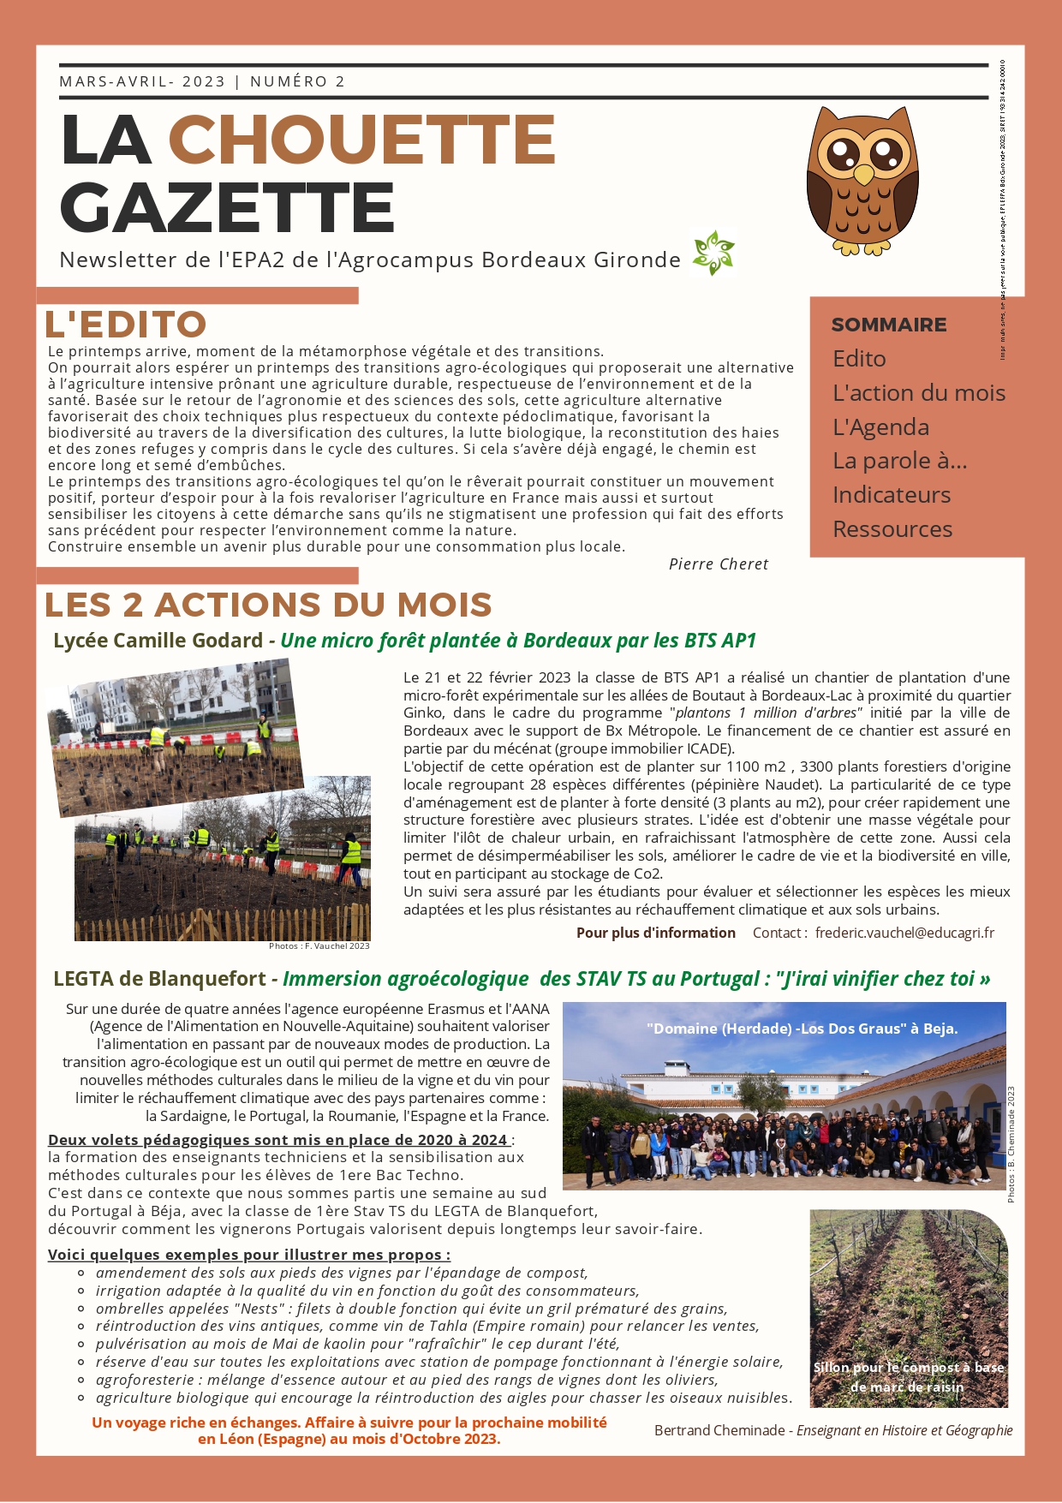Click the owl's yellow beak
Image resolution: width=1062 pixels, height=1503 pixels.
pos(863,175)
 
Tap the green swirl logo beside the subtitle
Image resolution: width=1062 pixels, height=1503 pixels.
pos(713,253)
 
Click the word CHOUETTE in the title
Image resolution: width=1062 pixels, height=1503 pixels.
pos(361,140)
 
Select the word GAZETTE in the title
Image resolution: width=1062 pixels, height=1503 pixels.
pos(227,207)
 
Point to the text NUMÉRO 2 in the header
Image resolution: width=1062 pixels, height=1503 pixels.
pos(297,81)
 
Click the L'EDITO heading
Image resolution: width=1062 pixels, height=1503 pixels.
pos(126,325)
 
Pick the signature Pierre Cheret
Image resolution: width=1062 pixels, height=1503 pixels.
pos(718,564)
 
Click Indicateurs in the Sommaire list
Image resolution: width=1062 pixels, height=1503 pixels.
pos(891,495)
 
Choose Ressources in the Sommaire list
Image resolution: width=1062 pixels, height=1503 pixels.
pos(892,529)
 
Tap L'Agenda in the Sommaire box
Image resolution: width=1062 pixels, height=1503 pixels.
pos(880,426)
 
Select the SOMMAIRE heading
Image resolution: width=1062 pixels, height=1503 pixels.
pos(888,325)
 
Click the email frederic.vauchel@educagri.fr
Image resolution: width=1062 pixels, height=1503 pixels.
pos(904,933)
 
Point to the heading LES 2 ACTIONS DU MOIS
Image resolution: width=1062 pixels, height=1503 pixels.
pos(268,605)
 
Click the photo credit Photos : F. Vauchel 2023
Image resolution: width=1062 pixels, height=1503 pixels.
pos(319,946)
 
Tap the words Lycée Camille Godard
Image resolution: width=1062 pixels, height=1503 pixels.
pos(158,641)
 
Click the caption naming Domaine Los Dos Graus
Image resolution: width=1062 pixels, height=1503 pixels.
pos(802,1029)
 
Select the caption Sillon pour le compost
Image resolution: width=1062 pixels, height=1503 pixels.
pos(908,1377)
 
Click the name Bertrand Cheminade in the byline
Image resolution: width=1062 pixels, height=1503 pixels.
pos(719,1430)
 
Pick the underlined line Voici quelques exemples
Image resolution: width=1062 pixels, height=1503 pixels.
pos(248,1255)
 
